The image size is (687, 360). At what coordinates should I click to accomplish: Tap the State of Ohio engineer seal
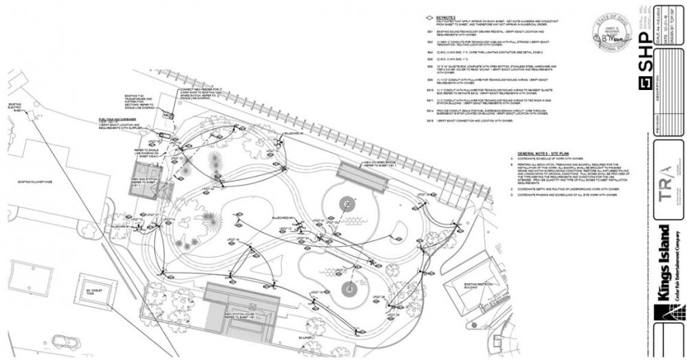coord(609,33)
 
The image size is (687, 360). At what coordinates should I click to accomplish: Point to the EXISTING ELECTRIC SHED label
coord(14,109)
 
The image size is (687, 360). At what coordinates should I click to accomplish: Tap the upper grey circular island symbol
coord(348,203)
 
